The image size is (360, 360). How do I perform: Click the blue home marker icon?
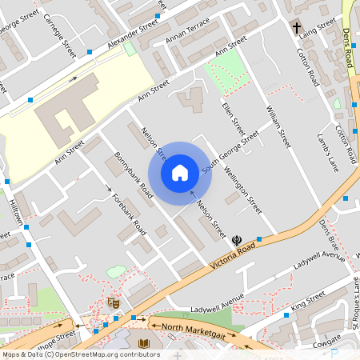[x=180, y=172]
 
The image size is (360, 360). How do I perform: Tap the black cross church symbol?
[x=297, y=28]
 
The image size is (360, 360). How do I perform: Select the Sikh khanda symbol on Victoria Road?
[x=237, y=239]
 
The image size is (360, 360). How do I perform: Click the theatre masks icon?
[x=113, y=302]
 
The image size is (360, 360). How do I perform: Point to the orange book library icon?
[x=144, y=344]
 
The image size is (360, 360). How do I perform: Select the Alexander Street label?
[x=134, y=31]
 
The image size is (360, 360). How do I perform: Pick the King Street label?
[x=308, y=300]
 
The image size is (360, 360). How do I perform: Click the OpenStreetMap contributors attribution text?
[x=80, y=354]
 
